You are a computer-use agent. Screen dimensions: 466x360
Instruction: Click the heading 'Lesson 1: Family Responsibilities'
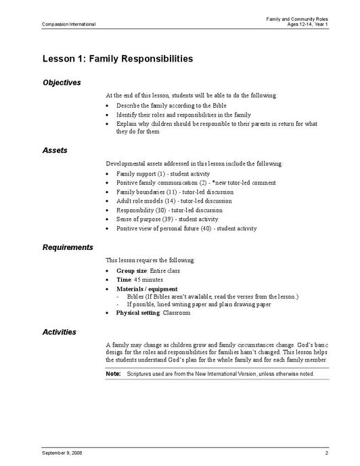pyautogui.click(x=117, y=59)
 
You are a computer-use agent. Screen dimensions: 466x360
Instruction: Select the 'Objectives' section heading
pyautogui.click(x=62, y=83)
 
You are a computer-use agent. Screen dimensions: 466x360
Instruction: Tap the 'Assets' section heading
pyautogui.click(x=54, y=150)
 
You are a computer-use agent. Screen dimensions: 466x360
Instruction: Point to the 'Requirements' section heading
pyautogui.click(x=68, y=247)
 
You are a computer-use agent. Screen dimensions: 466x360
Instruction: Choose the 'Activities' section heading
pyautogui.click(x=59, y=332)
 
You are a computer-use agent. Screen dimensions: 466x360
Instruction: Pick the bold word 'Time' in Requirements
pyautogui.click(x=122, y=280)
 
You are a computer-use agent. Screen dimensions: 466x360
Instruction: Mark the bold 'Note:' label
pyautogui.click(x=114, y=374)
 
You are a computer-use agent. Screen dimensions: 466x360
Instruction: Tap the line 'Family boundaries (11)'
pyautogui.click(x=147, y=192)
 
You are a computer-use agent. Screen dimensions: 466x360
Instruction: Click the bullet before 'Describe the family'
pyautogui.click(x=109, y=107)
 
